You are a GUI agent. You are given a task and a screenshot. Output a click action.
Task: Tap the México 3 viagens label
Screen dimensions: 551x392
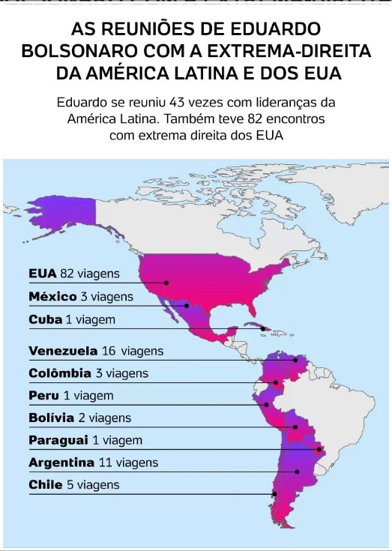[81, 296]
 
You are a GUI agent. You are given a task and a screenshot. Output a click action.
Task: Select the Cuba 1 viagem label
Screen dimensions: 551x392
[72, 319]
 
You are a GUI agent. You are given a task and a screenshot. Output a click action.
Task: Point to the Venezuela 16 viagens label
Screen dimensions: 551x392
[96, 350]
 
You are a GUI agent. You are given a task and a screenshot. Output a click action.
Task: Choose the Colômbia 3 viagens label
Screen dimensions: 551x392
[88, 373]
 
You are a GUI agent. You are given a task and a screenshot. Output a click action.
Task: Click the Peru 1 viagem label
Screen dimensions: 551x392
[70, 395]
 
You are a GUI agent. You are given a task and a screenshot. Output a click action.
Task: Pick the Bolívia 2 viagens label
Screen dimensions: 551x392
[79, 418]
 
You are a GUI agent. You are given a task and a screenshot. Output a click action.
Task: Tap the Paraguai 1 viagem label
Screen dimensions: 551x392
[85, 440]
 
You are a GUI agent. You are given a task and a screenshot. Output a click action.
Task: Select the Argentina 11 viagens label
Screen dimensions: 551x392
[93, 463]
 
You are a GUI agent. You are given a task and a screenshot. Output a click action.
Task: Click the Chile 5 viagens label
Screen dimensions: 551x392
[73, 485]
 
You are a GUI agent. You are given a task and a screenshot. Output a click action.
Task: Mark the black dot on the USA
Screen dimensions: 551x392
[166, 283]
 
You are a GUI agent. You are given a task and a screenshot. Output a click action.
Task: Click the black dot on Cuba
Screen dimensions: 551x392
[262, 328]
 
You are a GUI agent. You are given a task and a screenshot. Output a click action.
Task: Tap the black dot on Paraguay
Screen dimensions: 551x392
[320, 450]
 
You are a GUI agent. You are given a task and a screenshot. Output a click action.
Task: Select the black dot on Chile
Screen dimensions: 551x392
[274, 494]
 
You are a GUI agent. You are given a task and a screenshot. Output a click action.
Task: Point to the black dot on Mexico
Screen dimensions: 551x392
[186, 305]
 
